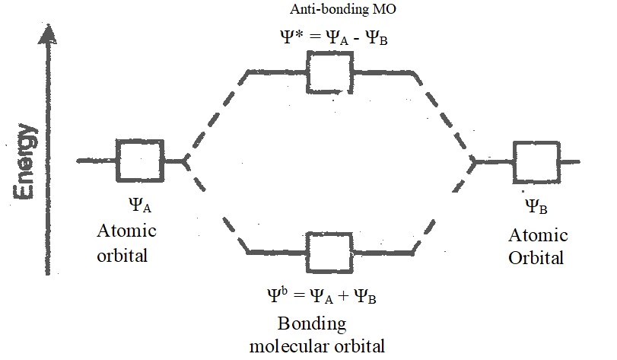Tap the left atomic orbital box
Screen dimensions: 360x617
(x=138, y=161)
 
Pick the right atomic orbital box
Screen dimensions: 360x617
(x=536, y=161)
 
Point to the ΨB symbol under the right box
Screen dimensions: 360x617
(x=537, y=206)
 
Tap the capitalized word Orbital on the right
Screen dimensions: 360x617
(x=538, y=257)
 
